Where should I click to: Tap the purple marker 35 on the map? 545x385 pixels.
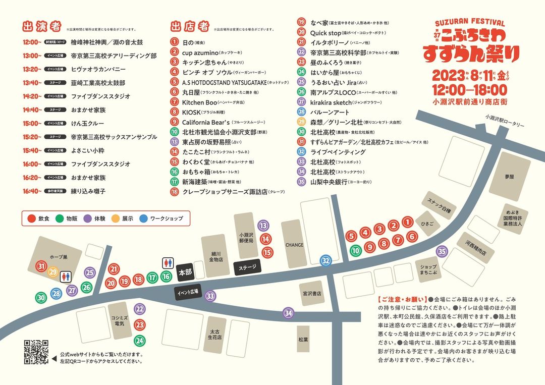[x=442, y=251]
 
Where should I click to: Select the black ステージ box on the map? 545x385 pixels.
[x=247, y=267]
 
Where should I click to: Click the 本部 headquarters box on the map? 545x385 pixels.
[x=186, y=272]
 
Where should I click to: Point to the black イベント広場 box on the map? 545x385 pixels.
[x=189, y=292]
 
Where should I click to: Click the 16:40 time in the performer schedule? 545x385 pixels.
[x=32, y=191]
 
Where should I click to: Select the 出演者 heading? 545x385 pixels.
[x=42, y=26]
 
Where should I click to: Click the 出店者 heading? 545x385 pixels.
[x=190, y=26]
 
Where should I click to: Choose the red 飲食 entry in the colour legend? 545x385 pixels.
[x=38, y=219]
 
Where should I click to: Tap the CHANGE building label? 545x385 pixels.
[x=294, y=245]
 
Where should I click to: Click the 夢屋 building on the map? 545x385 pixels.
[x=508, y=177]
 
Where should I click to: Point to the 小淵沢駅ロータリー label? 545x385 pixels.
[x=504, y=121]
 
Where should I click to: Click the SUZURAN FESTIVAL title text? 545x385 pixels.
[x=470, y=23]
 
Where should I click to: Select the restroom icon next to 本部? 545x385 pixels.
[x=168, y=263]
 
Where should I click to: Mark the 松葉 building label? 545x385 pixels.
[x=303, y=340]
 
